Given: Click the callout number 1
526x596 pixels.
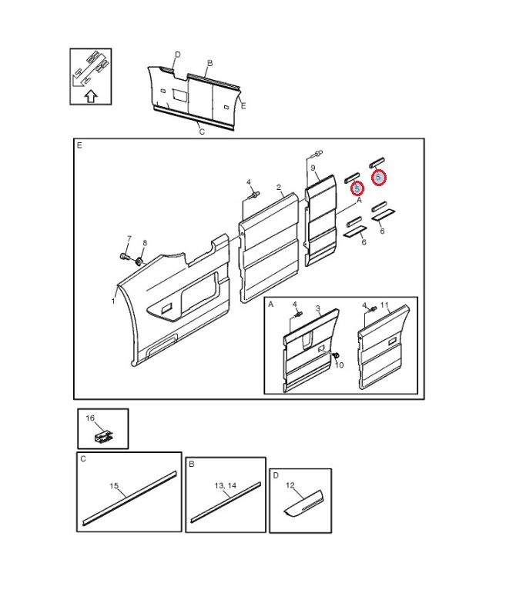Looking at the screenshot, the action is [x=113, y=301].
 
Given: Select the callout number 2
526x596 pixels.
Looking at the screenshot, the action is [x=279, y=187].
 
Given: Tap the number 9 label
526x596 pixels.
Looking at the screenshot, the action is [x=313, y=168].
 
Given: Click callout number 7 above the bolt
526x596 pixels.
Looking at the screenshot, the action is [x=129, y=238].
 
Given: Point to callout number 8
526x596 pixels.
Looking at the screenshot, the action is [x=145, y=243].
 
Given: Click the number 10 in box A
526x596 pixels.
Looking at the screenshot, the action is [x=340, y=365].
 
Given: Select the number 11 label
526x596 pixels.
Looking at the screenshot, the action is [x=384, y=305].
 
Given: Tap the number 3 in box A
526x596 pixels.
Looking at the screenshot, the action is [x=318, y=308].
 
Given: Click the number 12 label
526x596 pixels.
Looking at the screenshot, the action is [x=290, y=485].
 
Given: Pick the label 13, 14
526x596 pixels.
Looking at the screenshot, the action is [x=226, y=486].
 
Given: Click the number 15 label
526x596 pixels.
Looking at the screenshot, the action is [x=114, y=486].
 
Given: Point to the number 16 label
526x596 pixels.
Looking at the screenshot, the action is [x=90, y=418].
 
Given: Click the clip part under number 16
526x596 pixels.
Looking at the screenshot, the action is [x=103, y=437].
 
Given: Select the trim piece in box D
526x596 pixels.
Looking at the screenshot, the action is [x=303, y=503].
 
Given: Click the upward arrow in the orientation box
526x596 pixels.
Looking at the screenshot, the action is [x=91, y=96].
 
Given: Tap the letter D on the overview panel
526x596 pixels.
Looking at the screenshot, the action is [x=178, y=55].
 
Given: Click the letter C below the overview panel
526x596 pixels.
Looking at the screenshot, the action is [x=202, y=132].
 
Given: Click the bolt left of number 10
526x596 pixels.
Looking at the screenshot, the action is [x=336, y=355].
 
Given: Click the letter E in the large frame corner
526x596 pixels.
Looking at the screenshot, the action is [x=79, y=145].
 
